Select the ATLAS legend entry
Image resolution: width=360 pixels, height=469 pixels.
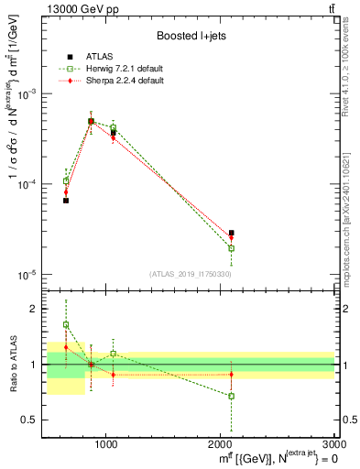tap(101, 57)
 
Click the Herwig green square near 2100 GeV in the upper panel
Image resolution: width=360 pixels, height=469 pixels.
tap(231, 248)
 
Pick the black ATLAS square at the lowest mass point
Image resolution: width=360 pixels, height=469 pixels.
tap(66, 200)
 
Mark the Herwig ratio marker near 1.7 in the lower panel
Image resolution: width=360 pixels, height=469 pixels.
tap(66, 324)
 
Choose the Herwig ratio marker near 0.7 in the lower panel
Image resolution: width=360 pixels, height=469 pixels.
tap(231, 396)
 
